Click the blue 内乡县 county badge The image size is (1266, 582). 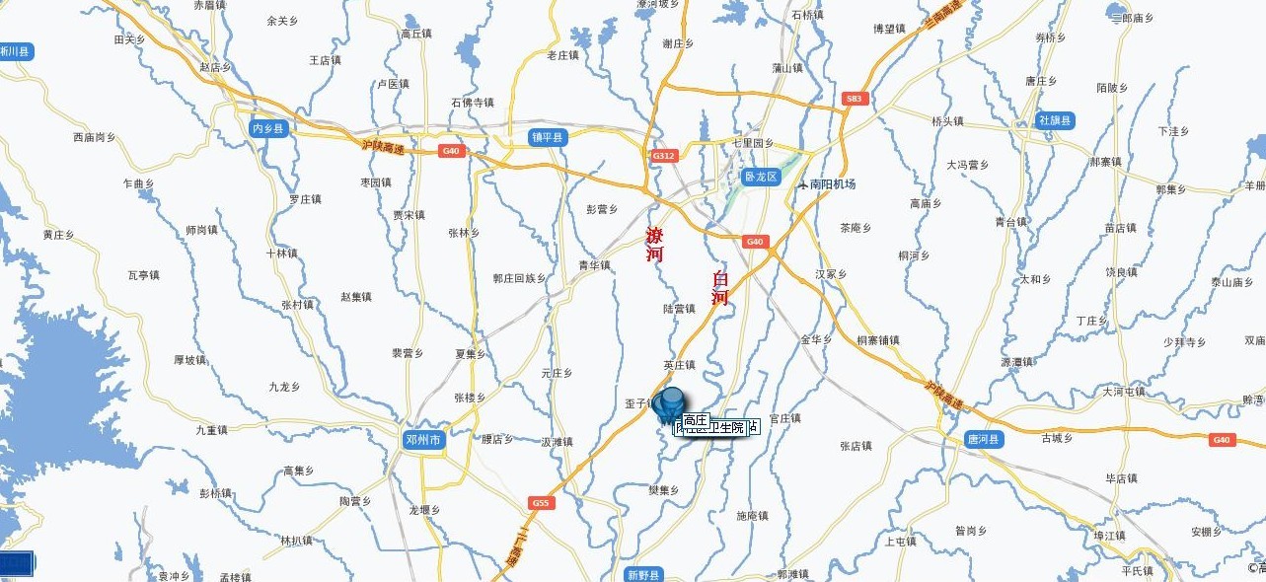[x=267, y=128]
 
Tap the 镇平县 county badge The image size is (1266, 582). [x=546, y=137]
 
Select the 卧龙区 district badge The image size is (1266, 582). [x=761, y=178]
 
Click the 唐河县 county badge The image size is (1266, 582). [x=984, y=440]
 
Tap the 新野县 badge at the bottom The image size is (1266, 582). [x=644, y=574]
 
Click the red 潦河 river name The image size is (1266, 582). [x=654, y=244]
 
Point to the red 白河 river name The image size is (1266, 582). [x=720, y=286]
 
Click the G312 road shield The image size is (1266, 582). [x=663, y=156]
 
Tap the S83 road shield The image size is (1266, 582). [x=854, y=99]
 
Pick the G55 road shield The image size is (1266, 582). [x=540, y=503]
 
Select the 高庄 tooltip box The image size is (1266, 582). [x=695, y=420]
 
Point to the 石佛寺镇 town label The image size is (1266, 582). [x=472, y=102]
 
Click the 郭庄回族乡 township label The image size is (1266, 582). [x=519, y=278]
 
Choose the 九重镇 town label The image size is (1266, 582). [x=211, y=429]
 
